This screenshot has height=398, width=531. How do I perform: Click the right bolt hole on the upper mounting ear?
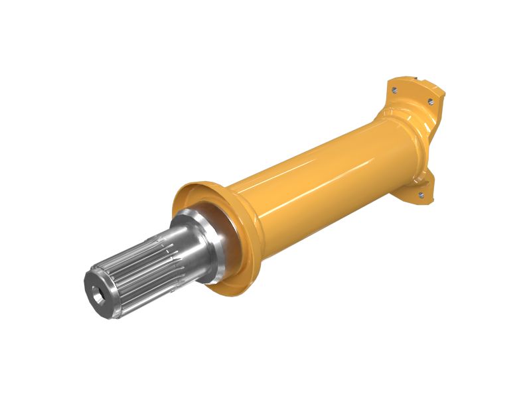point(430,101)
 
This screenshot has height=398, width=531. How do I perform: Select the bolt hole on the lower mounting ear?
point(420,194)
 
